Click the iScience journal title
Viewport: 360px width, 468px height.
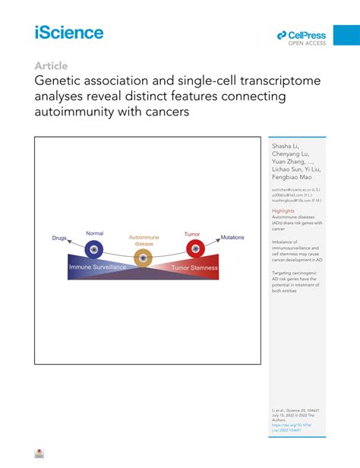pyautogui.click(x=68, y=32)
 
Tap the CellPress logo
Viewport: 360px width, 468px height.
pyautogui.click(x=302, y=35)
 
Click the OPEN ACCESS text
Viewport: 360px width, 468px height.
pyautogui.click(x=307, y=43)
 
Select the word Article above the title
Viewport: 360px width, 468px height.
pyautogui.click(x=51, y=66)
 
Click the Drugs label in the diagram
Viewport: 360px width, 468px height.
pyautogui.click(x=59, y=239)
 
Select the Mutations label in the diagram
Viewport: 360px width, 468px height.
pyautogui.click(x=232, y=239)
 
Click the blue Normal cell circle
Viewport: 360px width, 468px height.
pyautogui.click(x=94, y=248)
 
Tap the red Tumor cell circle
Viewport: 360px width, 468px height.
pyautogui.click(x=194, y=248)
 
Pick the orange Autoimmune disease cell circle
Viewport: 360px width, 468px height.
pyautogui.click(x=143, y=258)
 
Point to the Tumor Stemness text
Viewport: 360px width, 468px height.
pyautogui.click(x=194, y=267)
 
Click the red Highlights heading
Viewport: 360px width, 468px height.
pyautogui.click(x=283, y=210)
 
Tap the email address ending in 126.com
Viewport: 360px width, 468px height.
pyautogui.click(x=292, y=201)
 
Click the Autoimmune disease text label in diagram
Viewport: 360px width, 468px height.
pyautogui.click(x=143, y=240)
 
